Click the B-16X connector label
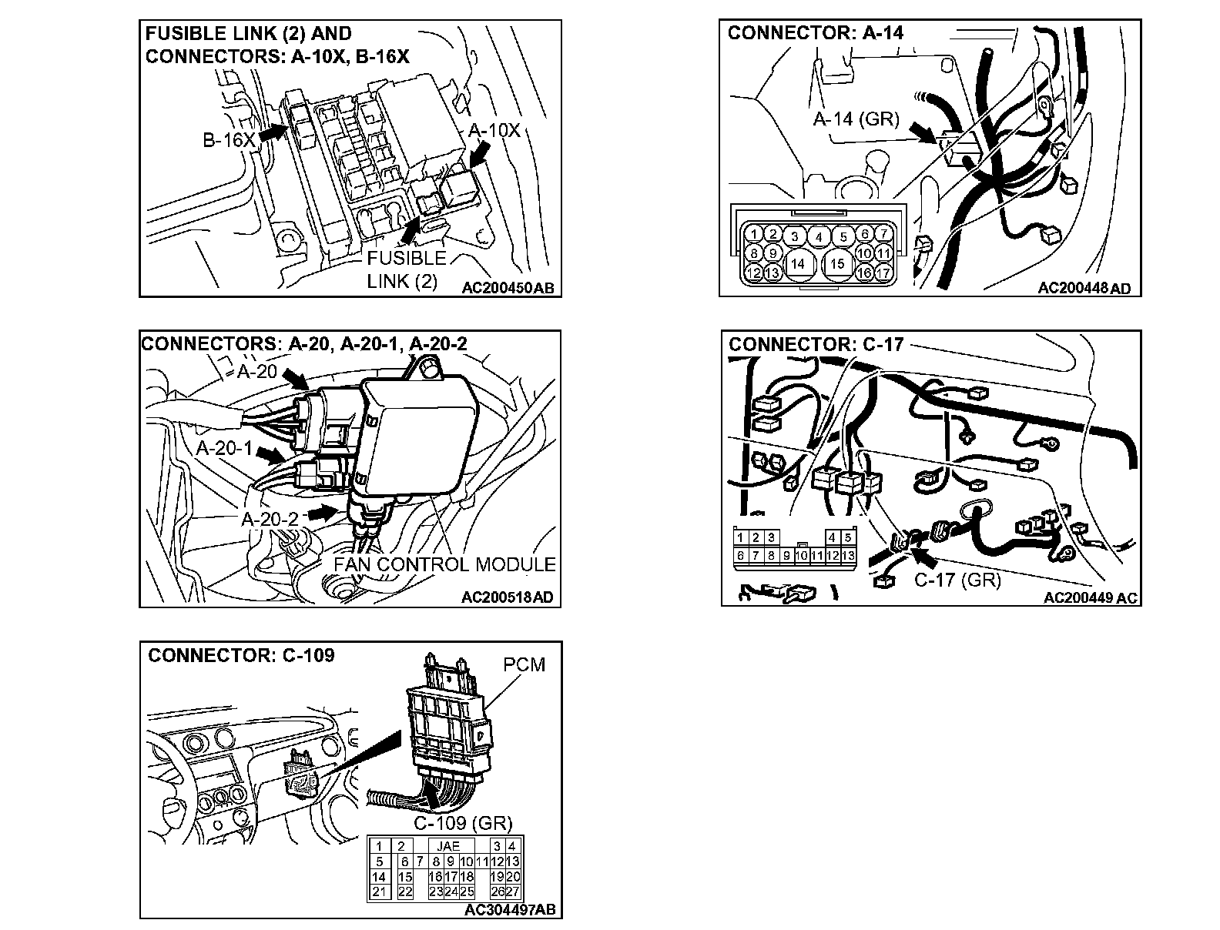point(229,140)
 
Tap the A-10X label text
point(494,130)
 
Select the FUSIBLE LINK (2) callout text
point(406,269)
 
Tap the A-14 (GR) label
point(856,119)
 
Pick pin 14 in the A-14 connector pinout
point(798,263)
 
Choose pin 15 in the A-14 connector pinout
point(838,263)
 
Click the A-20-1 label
point(224,448)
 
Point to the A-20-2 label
point(270,519)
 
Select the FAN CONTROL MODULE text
point(444,564)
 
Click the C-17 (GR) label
point(957,580)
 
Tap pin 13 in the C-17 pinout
point(848,555)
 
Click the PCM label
point(524,664)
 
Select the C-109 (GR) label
point(463,824)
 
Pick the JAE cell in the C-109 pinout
point(447,846)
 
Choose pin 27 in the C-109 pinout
point(513,892)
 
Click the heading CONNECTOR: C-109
point(241,655)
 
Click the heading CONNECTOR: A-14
point(816,32)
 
